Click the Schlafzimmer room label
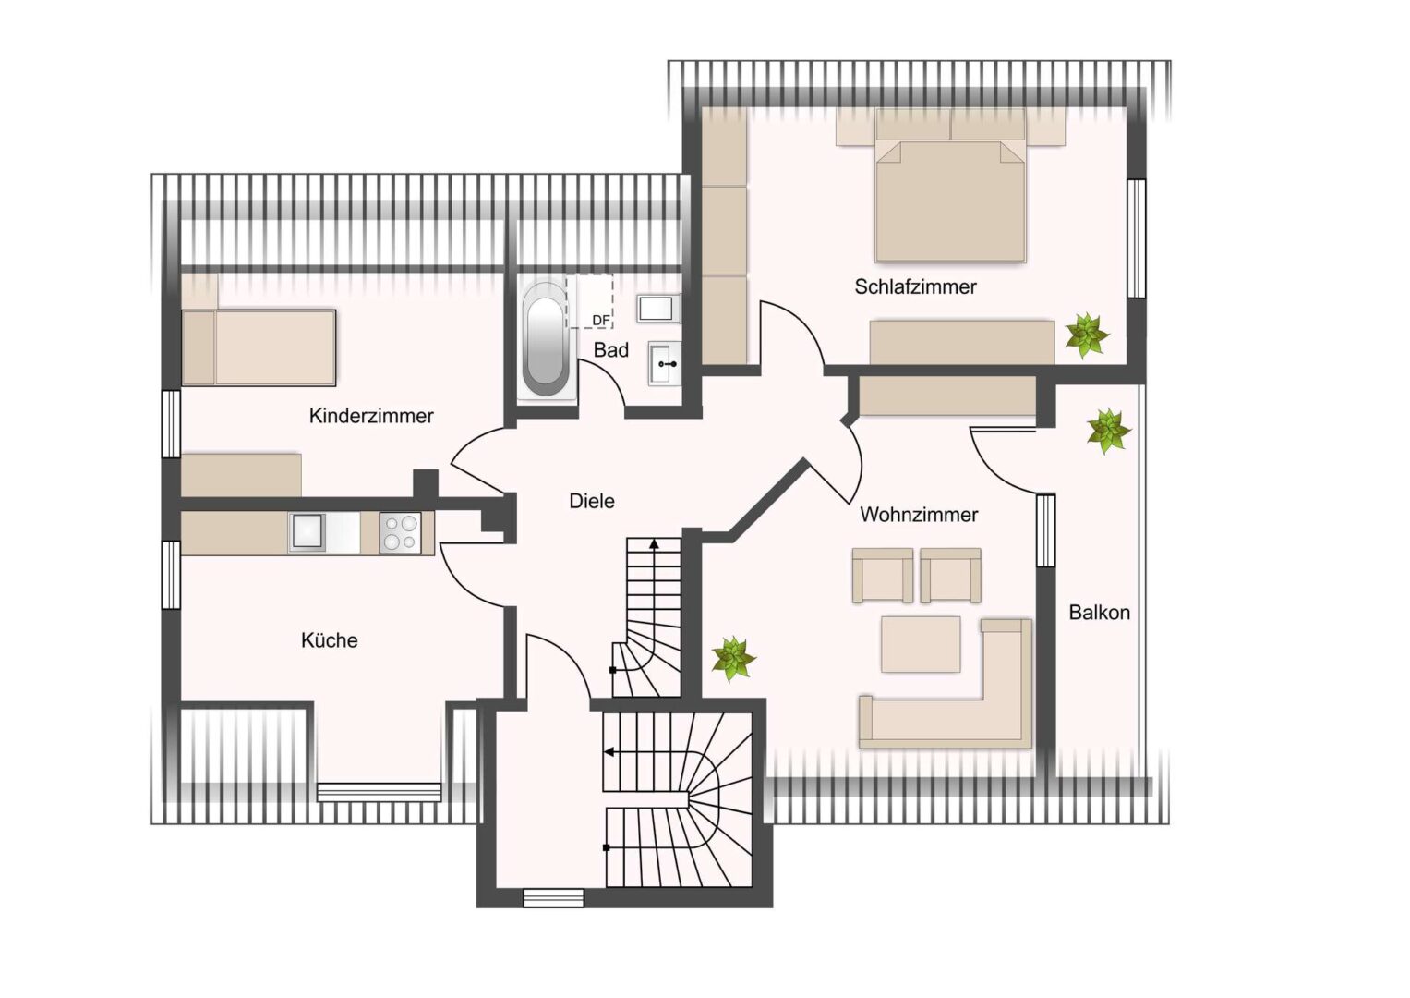[915, 287]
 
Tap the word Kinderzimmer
[371, 416]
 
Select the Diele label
[592, 501]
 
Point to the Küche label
[330, 640]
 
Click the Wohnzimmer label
[919, 515]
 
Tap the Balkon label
[1100, 613]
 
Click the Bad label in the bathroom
[611, 349]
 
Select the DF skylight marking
[600, 321]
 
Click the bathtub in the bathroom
[545, 340]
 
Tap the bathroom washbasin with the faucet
[665, 363]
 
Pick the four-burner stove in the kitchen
[401, 533]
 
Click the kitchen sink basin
[307, 531]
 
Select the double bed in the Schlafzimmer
[950, 186]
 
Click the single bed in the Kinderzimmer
[259, 347]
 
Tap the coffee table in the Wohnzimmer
[921, 644]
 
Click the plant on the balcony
[1108, 431]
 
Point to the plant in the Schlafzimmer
[1087, 335]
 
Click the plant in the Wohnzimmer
[733, 659]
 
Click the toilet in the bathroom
[658, 309]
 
